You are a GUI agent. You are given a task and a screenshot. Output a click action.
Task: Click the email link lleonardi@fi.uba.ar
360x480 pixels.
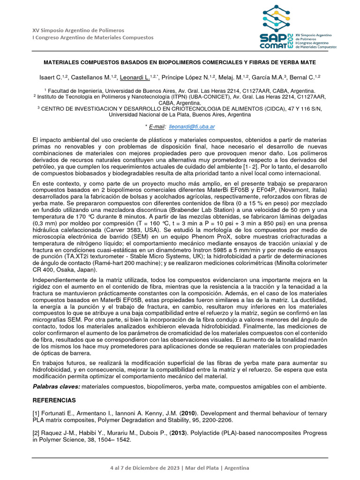(192, 127)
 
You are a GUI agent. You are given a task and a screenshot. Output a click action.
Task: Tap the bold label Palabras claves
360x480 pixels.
(56, 386)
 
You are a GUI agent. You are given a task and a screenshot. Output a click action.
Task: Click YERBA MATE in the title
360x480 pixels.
(294, 62)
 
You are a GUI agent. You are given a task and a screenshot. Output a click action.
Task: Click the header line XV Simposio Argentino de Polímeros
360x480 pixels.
(78, 30)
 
